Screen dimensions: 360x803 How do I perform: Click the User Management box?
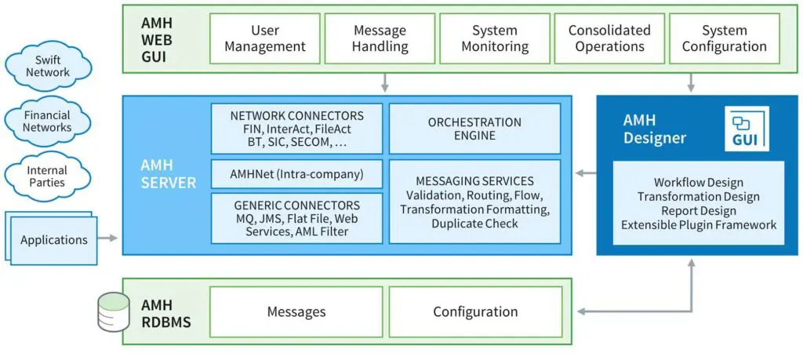[x=265, y=38]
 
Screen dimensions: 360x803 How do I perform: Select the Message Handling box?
[x=380, y=38]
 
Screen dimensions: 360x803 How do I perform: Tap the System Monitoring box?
[x=495, y=38]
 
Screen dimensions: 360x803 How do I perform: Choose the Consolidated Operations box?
[x=609, y=38]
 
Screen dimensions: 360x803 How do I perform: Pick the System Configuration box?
[x=724, y=38]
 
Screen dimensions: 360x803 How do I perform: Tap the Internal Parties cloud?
[x=48, y=176]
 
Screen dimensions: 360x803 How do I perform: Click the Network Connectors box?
[x=297, y=129]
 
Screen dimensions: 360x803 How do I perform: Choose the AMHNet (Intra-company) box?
[x=297, y=173]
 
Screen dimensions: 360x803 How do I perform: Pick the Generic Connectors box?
[x=297, y=217]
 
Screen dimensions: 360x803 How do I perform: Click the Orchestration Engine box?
[x=474, y=129]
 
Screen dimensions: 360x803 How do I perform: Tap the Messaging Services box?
[x=474, y=202]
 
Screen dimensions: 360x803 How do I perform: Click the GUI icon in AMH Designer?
[x=747, y=130]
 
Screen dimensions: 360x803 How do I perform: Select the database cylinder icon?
[x=113, y=311]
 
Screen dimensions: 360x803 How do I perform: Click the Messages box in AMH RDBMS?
[x=296, y=311]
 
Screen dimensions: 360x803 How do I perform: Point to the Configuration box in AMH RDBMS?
[x=475, y=311]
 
